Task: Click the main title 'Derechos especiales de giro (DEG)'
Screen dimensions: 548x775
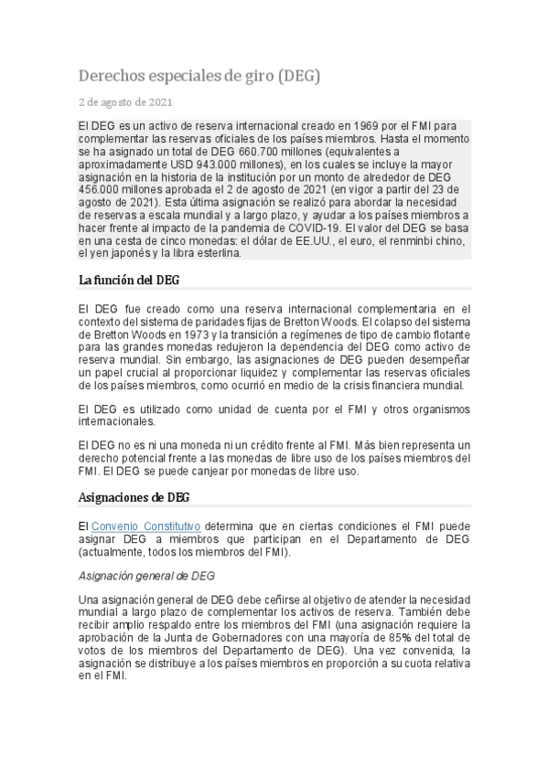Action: coord(199,76)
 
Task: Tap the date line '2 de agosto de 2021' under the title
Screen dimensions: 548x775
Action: coord(125,102)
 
